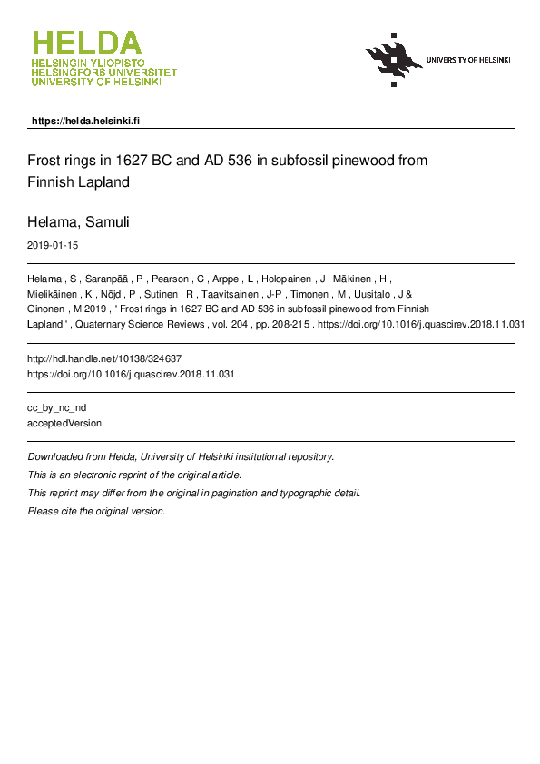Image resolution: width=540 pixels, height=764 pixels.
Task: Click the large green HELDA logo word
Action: [87, 43]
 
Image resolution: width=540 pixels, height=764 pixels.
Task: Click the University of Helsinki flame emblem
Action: [393, 59]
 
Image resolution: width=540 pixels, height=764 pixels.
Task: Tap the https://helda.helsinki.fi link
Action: [85, 121]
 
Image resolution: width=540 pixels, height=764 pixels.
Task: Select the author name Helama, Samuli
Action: [78, 221]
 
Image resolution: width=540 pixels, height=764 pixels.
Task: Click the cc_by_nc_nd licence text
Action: [57, 408]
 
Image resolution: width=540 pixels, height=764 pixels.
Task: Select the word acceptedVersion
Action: [64, 423]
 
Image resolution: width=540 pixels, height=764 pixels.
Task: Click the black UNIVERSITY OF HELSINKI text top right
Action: [467, 60]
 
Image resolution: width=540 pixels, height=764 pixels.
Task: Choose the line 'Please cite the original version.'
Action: [97, 512]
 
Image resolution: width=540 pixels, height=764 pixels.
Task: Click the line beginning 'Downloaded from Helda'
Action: [181, 457]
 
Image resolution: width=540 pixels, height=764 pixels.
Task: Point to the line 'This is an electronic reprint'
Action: [134, 475]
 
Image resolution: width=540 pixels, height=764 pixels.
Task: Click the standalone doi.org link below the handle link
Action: [132, 374]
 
